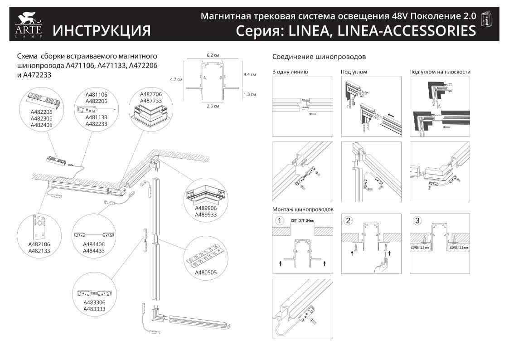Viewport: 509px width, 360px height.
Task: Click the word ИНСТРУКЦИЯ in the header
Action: [x=102, y=31]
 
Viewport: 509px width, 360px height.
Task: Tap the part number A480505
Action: [x=206, y=273]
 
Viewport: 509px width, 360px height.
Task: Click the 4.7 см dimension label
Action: [x=176, y=79]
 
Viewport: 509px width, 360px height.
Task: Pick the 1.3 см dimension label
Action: [x=250, y=94]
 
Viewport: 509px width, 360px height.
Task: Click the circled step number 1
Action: [x=280, y=221]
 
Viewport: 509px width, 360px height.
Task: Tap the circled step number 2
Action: [x=348, y=221]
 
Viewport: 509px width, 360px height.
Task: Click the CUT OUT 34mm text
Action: [x=302, y=220]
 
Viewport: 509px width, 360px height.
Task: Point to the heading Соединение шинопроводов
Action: [x=319, y=57]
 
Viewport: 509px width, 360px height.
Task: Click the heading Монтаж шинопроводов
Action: [x=303, y=209]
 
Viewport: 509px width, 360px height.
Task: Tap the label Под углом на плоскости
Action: [x=440, y=72]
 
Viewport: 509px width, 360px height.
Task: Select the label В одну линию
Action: [x=290, y=72]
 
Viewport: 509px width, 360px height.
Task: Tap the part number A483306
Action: [x=94, y=302]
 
